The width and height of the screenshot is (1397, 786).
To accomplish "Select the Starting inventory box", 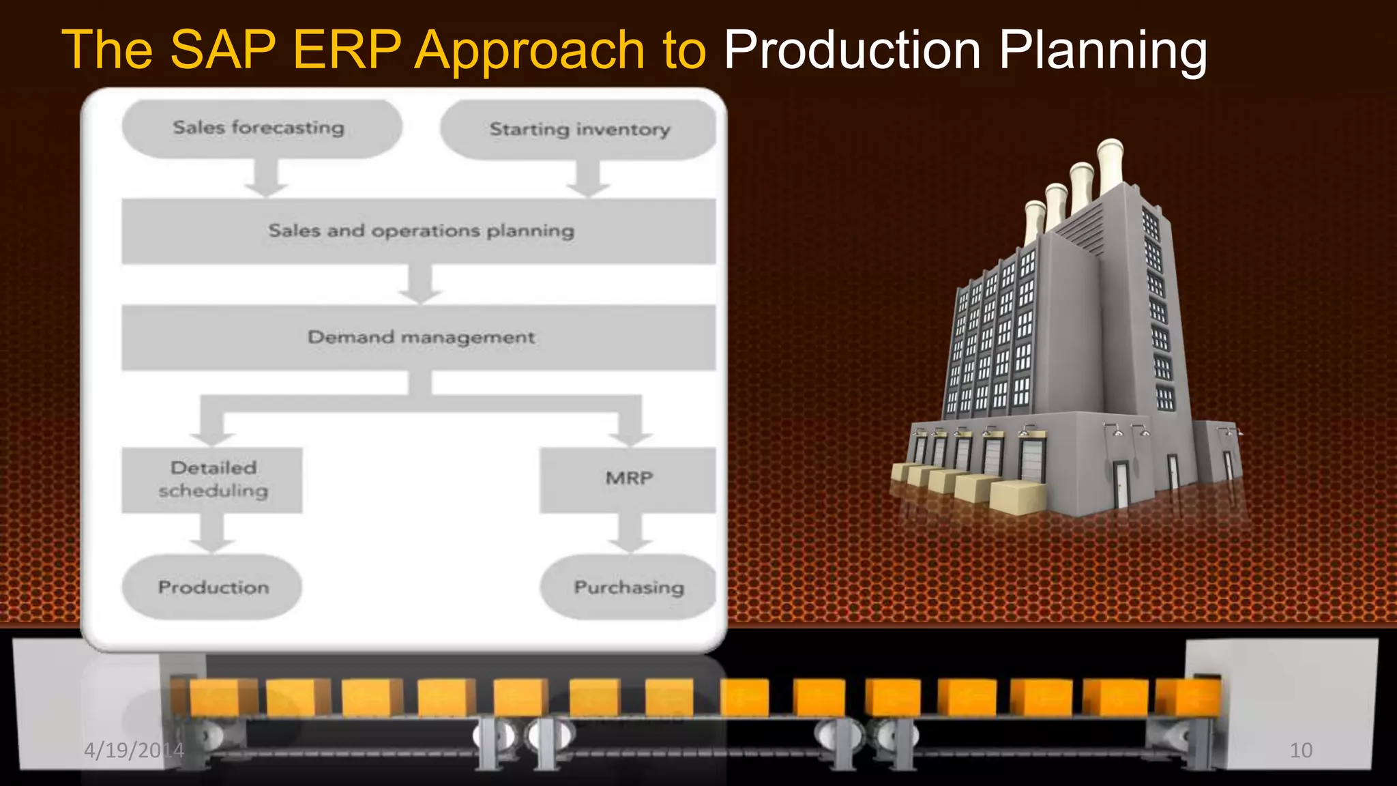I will (x=578, y=130).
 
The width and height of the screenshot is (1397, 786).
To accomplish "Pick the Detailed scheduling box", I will (x=212, y=480).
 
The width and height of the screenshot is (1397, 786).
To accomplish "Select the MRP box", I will (x=628, y=480).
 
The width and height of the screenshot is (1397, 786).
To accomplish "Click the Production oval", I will (x=212, y=587).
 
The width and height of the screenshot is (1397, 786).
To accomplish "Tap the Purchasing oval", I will (x=628, y=587).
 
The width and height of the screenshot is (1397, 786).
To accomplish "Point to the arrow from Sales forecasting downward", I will (x=266, y=178).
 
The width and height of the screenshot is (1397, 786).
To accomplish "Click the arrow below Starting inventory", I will (x=588, y=178).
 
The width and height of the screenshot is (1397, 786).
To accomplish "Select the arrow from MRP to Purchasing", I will (x=630, y=533).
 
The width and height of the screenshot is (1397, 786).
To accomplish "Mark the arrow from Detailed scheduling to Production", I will (x=212, y=533).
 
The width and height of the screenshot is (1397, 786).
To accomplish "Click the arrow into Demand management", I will (x=420, y=284).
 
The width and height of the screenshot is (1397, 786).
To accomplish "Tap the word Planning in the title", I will (x=1102, y=51).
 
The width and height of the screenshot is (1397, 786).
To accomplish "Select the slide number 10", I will (x=1300, y=751).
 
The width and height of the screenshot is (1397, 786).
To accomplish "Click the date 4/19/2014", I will (x=134, y=751).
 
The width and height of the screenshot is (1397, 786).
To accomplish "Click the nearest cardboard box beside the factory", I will (x=1018, y=496).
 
